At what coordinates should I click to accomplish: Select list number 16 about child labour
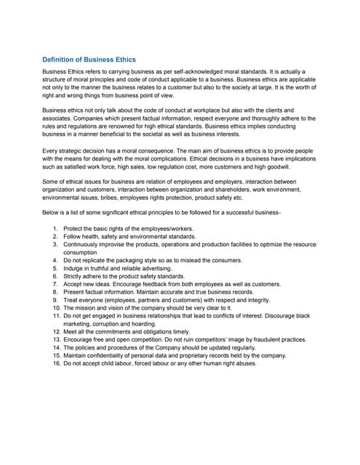56,364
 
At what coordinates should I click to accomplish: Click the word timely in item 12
183,331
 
